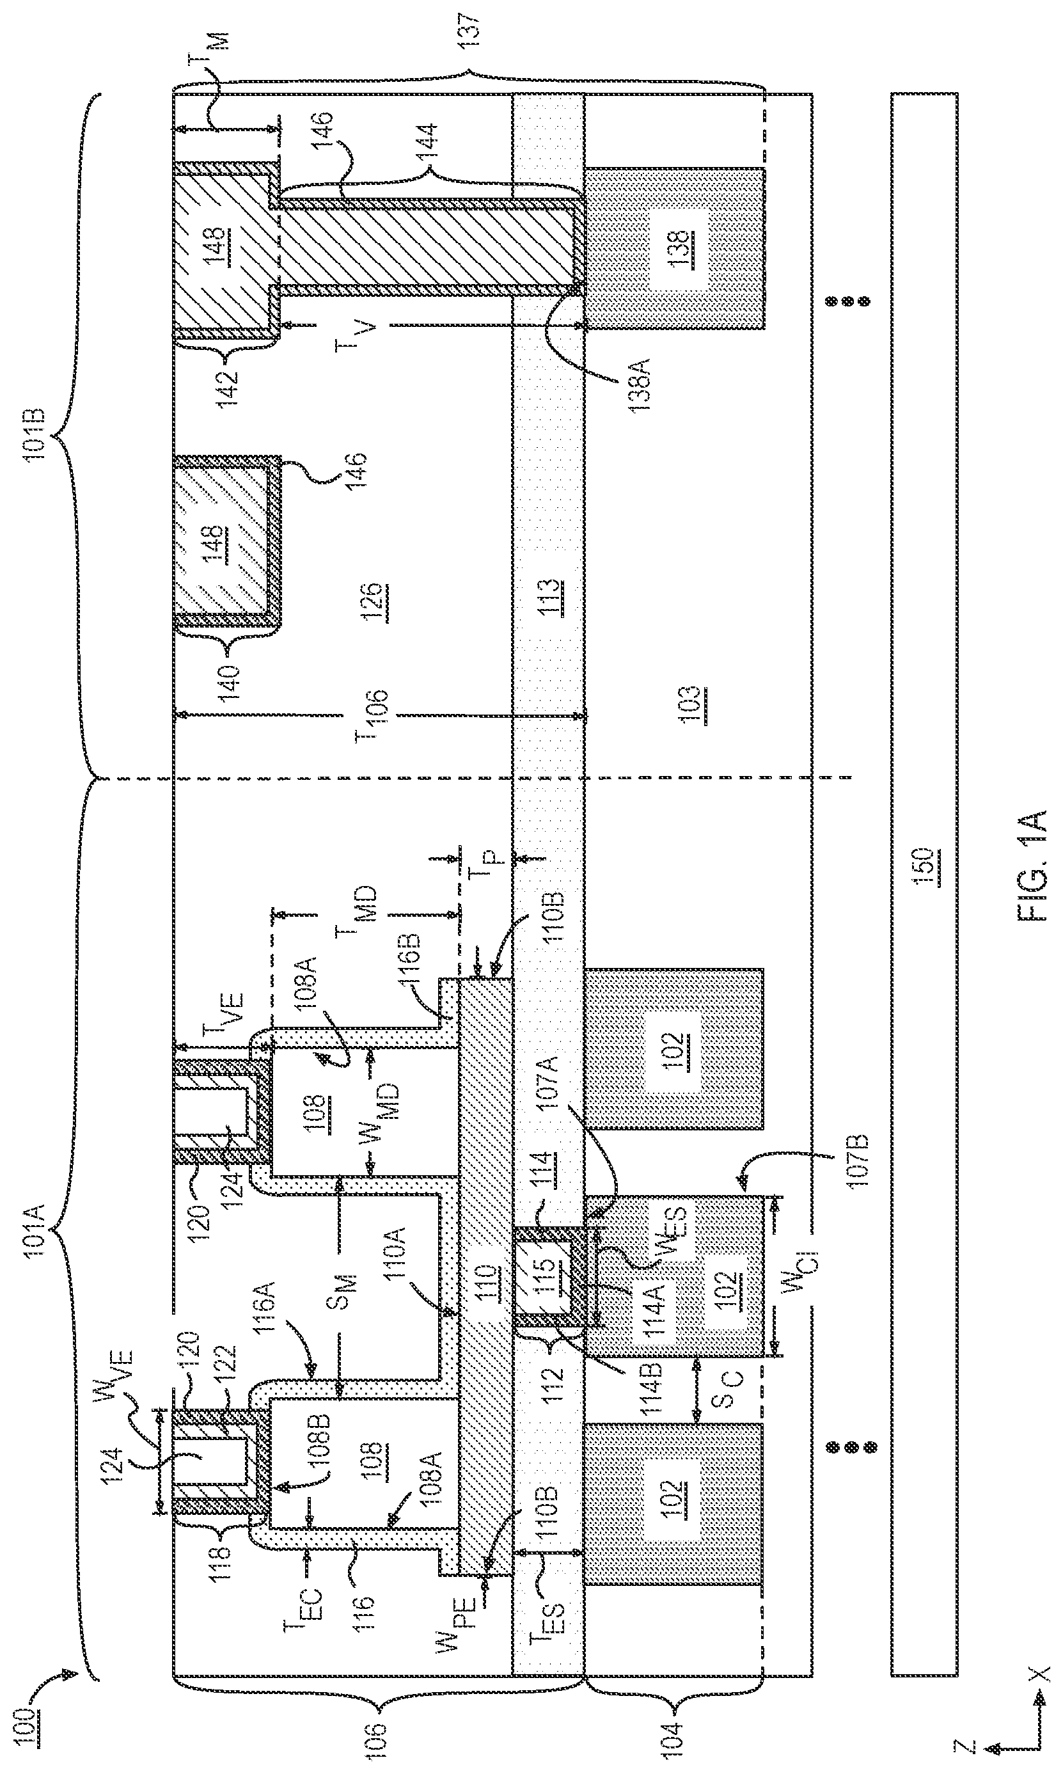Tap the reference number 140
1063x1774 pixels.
230,685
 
